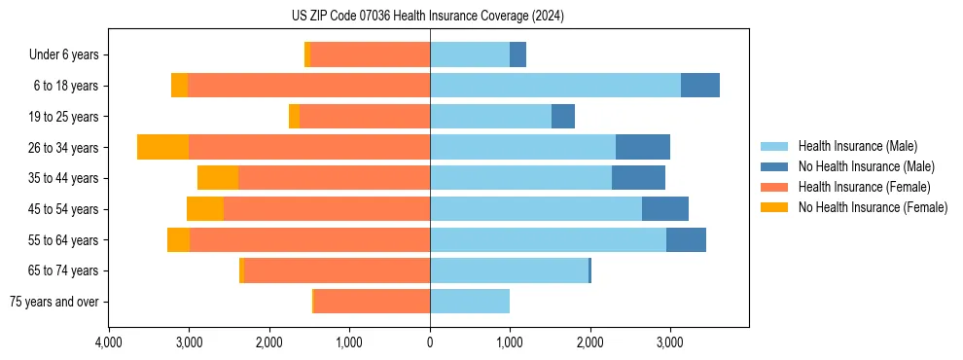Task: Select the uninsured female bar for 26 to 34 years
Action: pyautogui.click(x=162, y=147)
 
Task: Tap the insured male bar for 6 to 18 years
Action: pyautogui.click(x=555, y=86)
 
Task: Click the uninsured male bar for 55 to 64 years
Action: pyautogui.click(x=686, y=239)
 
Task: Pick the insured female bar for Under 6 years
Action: pyautogui.click(x=370, y=54)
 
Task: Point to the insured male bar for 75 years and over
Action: pyautogui.click(x=470, y=302)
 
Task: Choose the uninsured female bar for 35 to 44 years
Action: pyautogui.click(x=218, y=178)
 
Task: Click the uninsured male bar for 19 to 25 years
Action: pyautogui.click(x=563, y=117)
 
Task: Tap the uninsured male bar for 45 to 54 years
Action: pyautogui.click(x=665, y=209)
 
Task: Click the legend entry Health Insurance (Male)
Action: pyautogui.click(x=857, y=146)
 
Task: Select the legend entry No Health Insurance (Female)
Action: pyautogui.click(x=873, y=207)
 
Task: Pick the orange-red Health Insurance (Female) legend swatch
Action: pyautogui.click(x=775, y=187)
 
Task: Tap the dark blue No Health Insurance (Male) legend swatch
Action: pyautogui.click(x=775, y=166)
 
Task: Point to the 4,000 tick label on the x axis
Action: pyautogui.click(x=109, y=342)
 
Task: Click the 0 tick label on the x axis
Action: pyautogui.click(x=430, y=342)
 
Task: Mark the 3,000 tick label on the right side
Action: pyautogui.click(x=669, y=342)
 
